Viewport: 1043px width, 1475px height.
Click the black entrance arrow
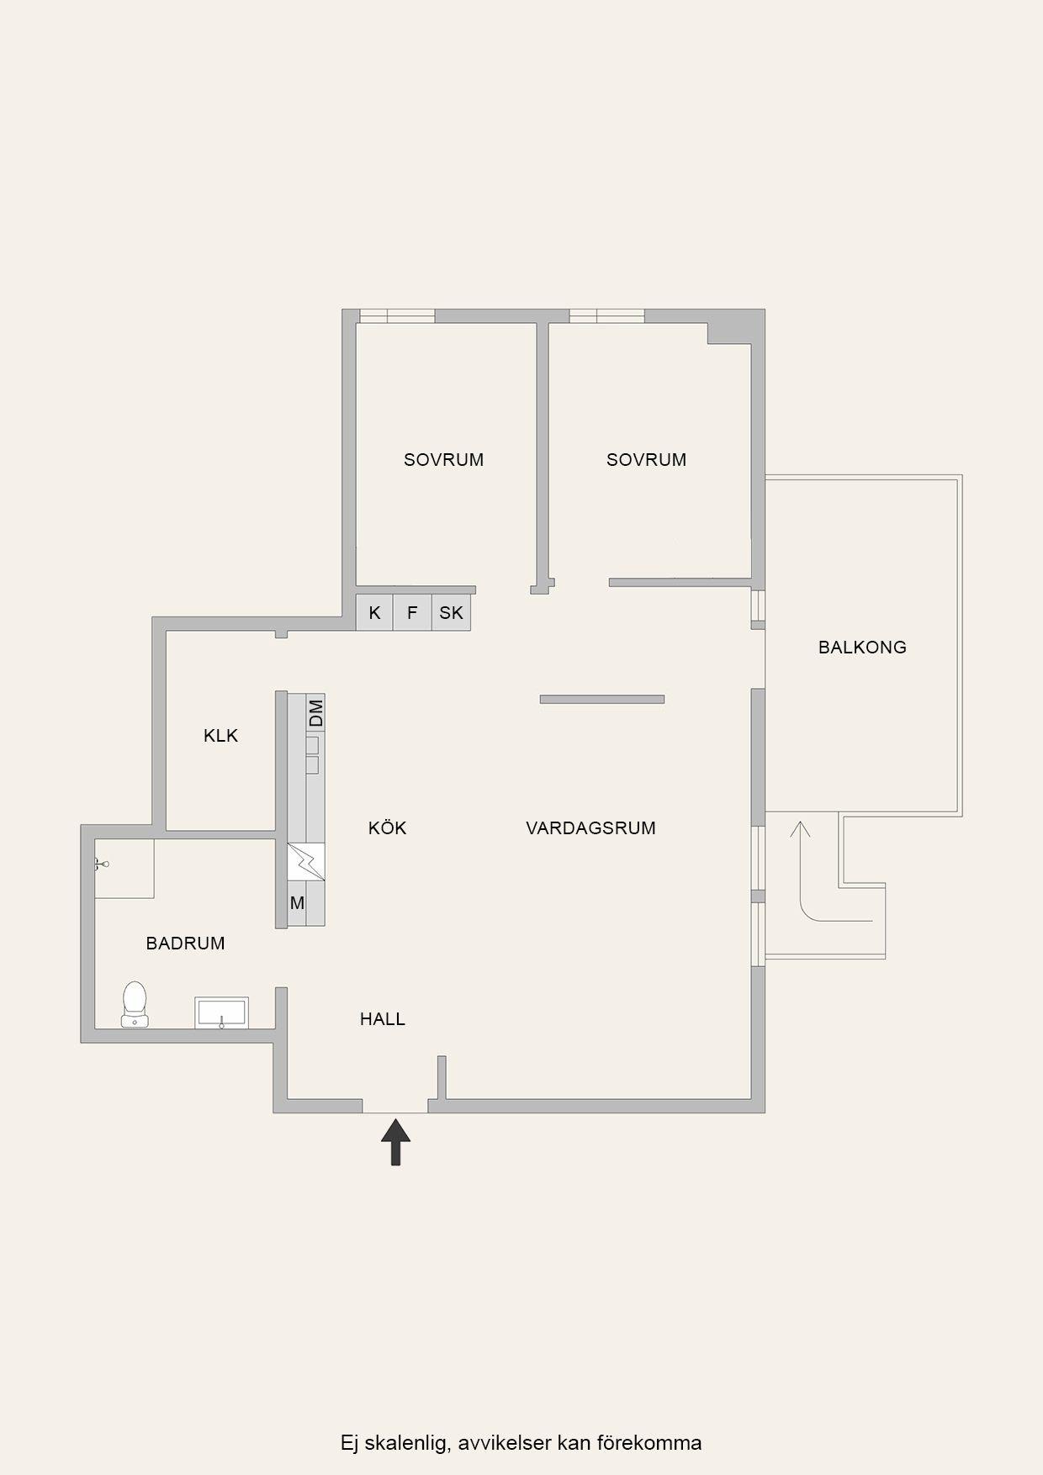395,1141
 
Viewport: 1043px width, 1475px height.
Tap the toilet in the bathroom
135,1004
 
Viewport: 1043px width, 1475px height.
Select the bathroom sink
222,1012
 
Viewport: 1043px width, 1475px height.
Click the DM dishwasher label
316,713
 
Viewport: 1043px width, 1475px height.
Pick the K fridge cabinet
374,612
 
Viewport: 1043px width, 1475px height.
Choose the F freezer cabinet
412,612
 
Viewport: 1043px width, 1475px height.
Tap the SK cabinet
451,612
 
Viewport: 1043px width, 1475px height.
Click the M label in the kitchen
297,903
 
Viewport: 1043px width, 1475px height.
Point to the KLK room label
221,736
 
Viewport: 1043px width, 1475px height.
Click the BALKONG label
862,648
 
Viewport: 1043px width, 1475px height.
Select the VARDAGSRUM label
590,828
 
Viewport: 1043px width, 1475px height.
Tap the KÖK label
387,828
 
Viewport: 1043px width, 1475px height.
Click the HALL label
383,1019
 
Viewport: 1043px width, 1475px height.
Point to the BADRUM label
185,944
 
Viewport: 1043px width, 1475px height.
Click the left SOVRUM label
443,460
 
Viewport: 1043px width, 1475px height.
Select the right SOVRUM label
646,460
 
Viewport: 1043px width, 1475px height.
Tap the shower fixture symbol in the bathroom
102,863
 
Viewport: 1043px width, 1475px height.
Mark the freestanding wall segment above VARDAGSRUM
602,699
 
